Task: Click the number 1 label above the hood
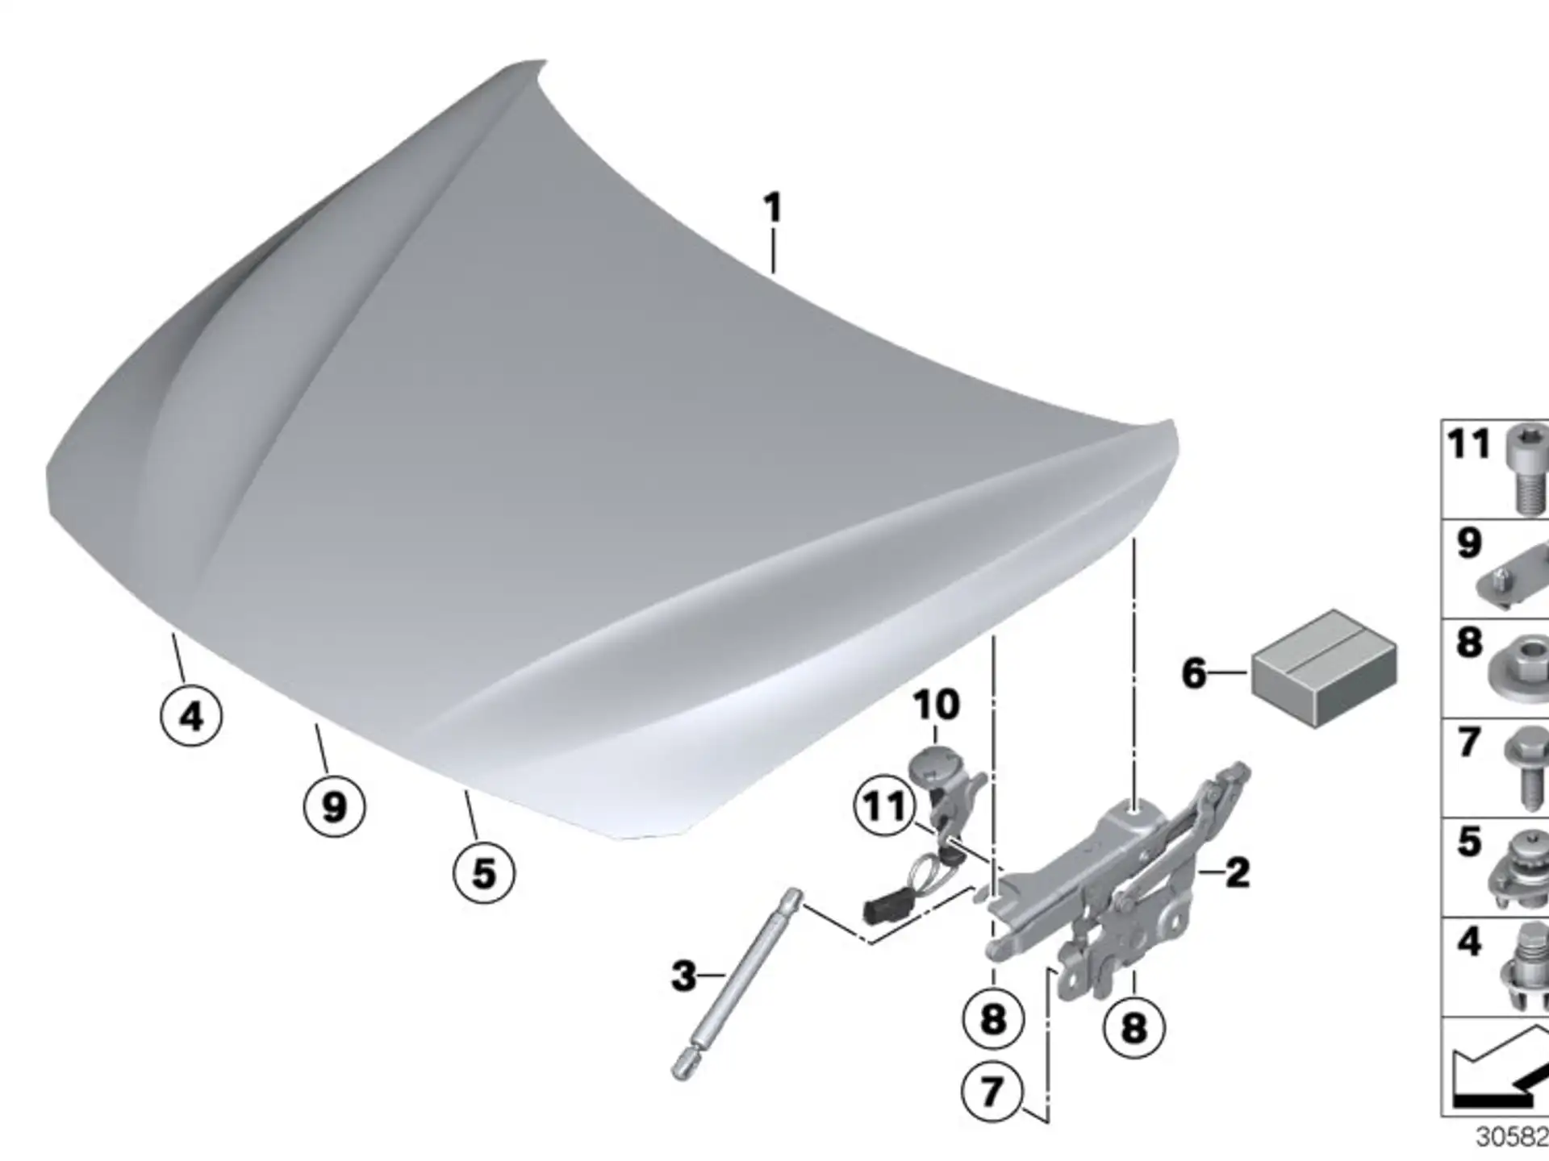773,208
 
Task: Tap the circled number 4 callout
191,715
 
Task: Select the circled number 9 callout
334,805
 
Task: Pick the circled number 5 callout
483,872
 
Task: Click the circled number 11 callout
885,805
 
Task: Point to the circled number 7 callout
992,1092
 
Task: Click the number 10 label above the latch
936,704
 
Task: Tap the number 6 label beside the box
1194,672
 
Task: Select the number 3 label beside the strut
683,976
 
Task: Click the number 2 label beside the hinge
1238,872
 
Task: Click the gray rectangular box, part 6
1325,668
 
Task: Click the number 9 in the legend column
1469,543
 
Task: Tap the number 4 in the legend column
1469,941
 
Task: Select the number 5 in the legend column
1469,841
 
